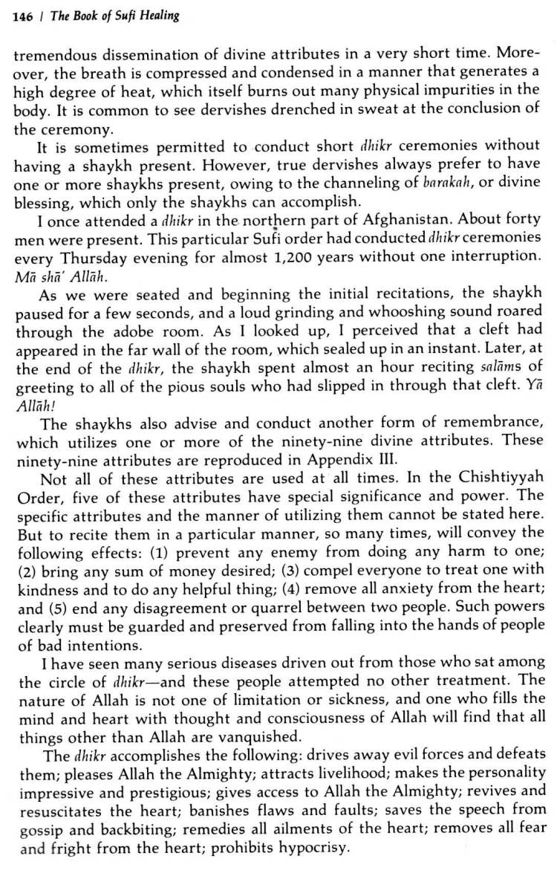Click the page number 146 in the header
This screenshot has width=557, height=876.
click(x=23, y=16)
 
